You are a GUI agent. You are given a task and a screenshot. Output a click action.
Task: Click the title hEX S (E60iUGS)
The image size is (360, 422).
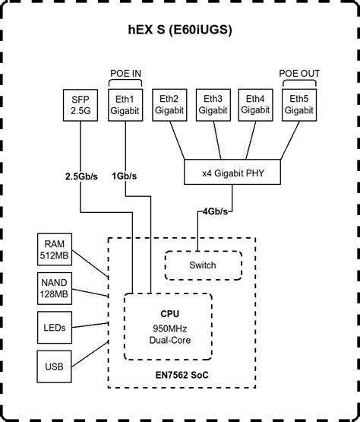click(x=180, y=31)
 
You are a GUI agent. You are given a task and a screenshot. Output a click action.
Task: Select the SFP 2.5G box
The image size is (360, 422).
click(x=80, y=104)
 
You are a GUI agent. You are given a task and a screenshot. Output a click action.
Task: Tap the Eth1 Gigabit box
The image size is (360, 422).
click(x=127, y=104)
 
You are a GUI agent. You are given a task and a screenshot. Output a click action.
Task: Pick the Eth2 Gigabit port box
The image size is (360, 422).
click(x=169, y=104)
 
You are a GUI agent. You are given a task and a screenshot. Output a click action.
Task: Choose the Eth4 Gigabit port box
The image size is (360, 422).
click(x=255, y=104)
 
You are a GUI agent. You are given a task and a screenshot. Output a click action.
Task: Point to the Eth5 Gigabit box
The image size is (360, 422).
click(x=298, y=104)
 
